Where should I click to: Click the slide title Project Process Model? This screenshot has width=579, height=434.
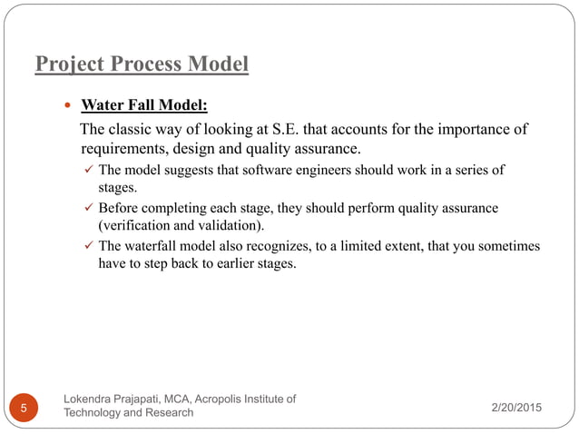(141, 65)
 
